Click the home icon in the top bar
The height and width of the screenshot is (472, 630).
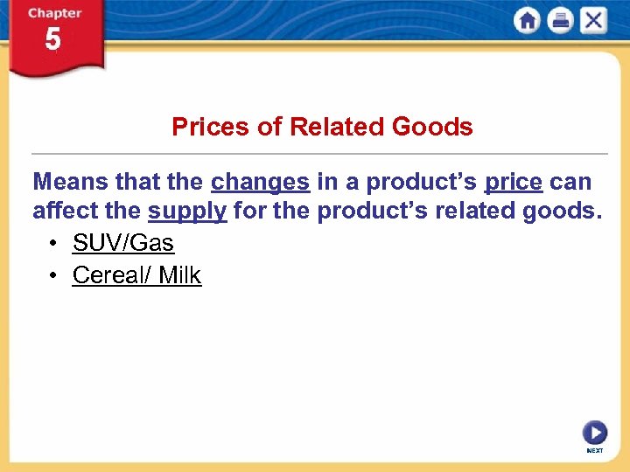(x=528, y=20)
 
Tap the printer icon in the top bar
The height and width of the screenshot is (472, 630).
(x=560, y=20)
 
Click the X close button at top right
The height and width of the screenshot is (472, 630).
(x=592, y=20)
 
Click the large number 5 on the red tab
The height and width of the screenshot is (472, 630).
(x=53, y=40)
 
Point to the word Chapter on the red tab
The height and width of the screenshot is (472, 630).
(x=53, y=14)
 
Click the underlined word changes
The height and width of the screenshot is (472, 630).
(x=260, y=182)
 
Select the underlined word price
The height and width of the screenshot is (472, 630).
(x=514, y=182)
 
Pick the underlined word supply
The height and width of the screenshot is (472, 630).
(x=187, y=212)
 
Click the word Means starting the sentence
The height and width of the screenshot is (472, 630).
(x=69, y=182)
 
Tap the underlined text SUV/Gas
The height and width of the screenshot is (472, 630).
(x=123, y=242)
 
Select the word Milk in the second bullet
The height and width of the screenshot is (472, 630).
(x=179, y=275)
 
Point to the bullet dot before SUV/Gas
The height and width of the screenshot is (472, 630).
(x=54, y=243)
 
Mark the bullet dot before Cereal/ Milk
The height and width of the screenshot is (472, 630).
(x=54, y=276)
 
